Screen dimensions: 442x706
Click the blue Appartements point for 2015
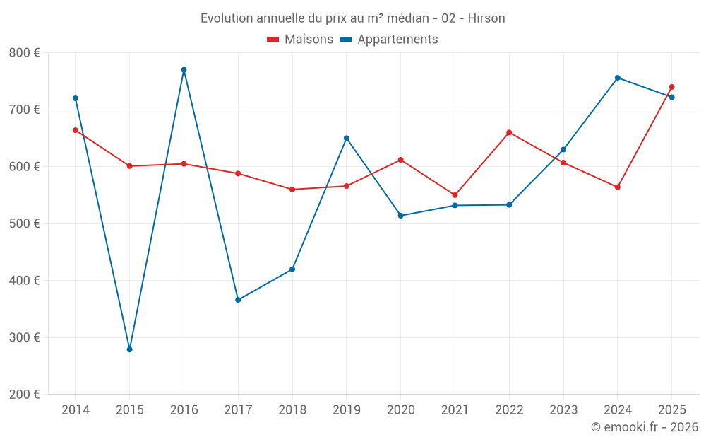[x=130, y=349]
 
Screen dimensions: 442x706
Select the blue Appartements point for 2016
[x=184, y=70]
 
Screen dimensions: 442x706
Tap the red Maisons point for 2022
[x=509, y=132]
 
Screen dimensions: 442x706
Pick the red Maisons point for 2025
[x=671, y=87]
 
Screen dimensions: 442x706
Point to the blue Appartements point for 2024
[x=618, y=78]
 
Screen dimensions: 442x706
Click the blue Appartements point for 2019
[x=347, y=138]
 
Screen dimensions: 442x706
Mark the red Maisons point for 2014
[x=76, y=130]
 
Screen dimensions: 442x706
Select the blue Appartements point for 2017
[x=238, y=300]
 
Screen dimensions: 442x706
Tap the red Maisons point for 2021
[x=455, y=195]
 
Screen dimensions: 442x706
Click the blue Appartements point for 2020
[x=400, y=216]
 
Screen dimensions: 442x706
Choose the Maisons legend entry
[x=300, y=40]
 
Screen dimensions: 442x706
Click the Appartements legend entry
[x=389, y=40]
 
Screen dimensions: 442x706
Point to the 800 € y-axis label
[x=24, y=53]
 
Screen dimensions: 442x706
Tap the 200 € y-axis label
[x=24, y=395]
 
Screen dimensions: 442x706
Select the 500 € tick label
[x=24, y=223]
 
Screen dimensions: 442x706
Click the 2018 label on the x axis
[x=292, y=410]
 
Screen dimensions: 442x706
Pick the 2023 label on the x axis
[x=563, y=410]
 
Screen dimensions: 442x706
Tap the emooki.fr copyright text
[x=644, y=427]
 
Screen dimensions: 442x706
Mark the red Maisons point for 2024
[x=618, y=187]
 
